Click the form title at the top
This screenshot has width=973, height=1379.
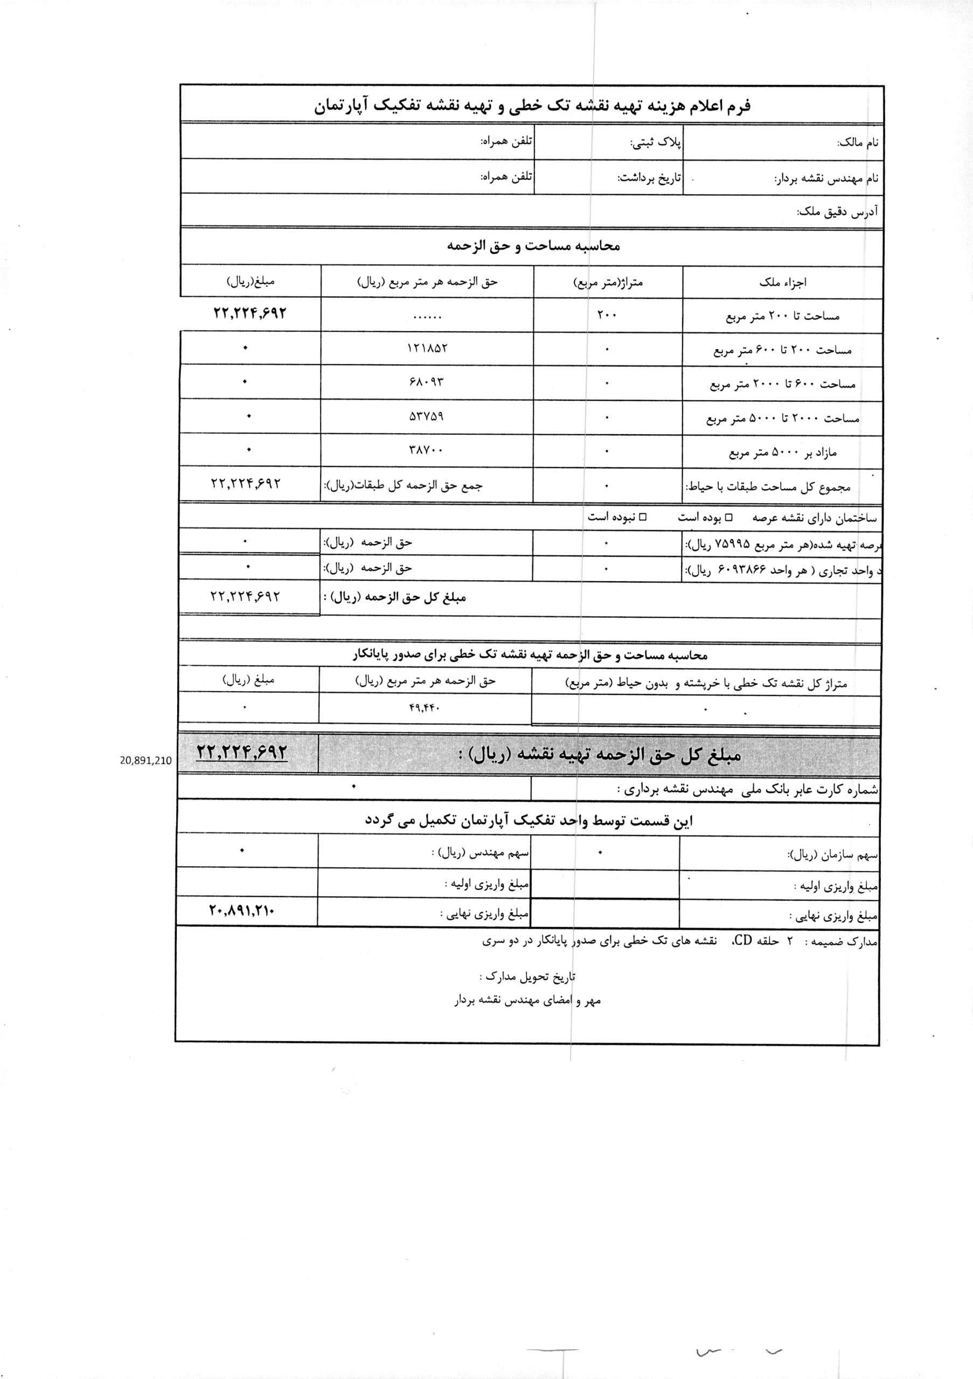coord(532,106)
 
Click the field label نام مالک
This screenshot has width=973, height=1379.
coord(858,143)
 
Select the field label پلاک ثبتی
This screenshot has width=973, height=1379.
coord(656,143)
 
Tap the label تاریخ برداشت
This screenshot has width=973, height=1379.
coord(649,178)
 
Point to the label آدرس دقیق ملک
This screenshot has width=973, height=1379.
coord(837,211)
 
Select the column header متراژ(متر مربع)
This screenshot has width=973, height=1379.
coord(608,282)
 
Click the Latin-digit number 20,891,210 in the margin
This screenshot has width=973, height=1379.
coord(146,761)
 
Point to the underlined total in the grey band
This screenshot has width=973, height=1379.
coord(242,753)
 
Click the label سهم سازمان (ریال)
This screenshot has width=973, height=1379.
coord(832,855)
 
